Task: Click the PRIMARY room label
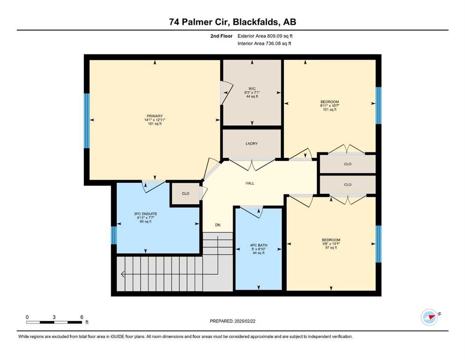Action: [x=154, y=116]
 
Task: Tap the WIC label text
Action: [x=251, y=88]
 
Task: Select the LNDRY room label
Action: [x=251, y=143]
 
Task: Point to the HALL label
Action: [x=250, y=183]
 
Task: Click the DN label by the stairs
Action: [x=218, y=225]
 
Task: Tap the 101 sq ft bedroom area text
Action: [x=330, y=110]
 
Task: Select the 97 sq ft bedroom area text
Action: [x=330, y=248]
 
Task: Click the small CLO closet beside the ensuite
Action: [x=185, y=193]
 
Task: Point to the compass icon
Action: [x=429, y=317]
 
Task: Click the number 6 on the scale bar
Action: [x=81, y=317]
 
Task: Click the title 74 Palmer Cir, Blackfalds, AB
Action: [x=232, y=22]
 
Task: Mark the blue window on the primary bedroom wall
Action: [x=87, y=120]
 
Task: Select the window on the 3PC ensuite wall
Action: [x=113, y=235]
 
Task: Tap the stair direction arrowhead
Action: [x=123, y=274]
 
